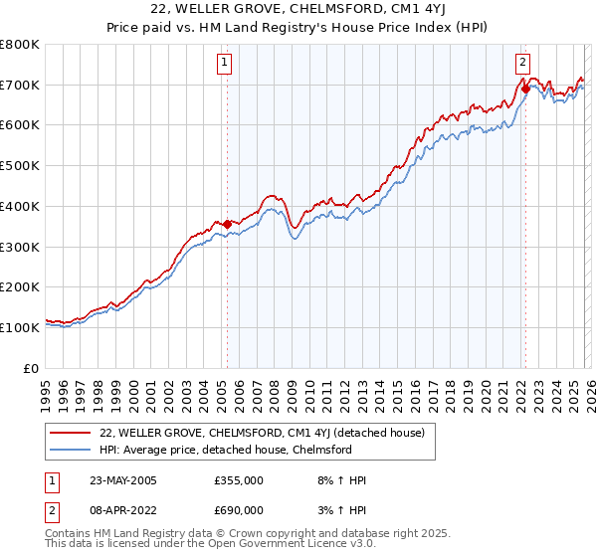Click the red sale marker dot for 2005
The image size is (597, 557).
tap(227, 224)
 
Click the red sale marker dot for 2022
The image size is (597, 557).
tap(524, 89)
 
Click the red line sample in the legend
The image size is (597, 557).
tap(72, 433)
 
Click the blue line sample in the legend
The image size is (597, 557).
tap(72, 451)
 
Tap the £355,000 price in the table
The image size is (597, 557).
tap(239, 480)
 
